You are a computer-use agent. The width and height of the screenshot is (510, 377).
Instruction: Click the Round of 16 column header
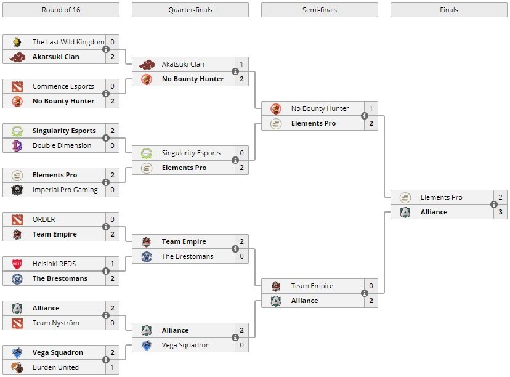(61, 10)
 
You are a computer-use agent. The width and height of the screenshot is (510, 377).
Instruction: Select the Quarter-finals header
(190, 10)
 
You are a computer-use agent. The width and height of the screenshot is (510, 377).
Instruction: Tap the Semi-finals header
(320, 10)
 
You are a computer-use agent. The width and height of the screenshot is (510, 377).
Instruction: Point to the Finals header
(449, 10)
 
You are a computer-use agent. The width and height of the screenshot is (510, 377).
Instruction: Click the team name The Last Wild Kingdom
(68, 42)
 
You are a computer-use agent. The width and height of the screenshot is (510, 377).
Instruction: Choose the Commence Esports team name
(63, 86)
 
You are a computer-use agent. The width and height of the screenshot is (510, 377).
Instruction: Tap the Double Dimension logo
(17, 145)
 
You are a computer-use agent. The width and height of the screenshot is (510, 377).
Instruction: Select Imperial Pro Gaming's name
(65, 190)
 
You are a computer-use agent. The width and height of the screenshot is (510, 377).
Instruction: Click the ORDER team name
(44, 219)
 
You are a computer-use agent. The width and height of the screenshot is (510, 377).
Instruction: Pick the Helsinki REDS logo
(17, 264)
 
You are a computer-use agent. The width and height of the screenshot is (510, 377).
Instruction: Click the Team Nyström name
(55, 323)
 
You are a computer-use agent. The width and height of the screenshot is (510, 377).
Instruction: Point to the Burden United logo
(17, 367)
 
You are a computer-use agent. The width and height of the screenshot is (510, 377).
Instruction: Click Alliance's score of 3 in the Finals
(500, 212)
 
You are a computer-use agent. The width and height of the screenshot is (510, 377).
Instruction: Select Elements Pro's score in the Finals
(500, 197)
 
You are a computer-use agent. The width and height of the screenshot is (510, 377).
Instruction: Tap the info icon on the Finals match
(494, 205)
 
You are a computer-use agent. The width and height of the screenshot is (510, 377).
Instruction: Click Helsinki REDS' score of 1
(112, 264)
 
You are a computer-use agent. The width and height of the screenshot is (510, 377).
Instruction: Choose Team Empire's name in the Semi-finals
(312, 286)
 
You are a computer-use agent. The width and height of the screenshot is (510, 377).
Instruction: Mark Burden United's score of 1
(112, 367)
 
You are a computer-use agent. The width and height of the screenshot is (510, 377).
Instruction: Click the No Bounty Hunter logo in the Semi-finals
(276, 108)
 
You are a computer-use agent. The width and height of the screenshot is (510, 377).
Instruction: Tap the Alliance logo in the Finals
(405, 212)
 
